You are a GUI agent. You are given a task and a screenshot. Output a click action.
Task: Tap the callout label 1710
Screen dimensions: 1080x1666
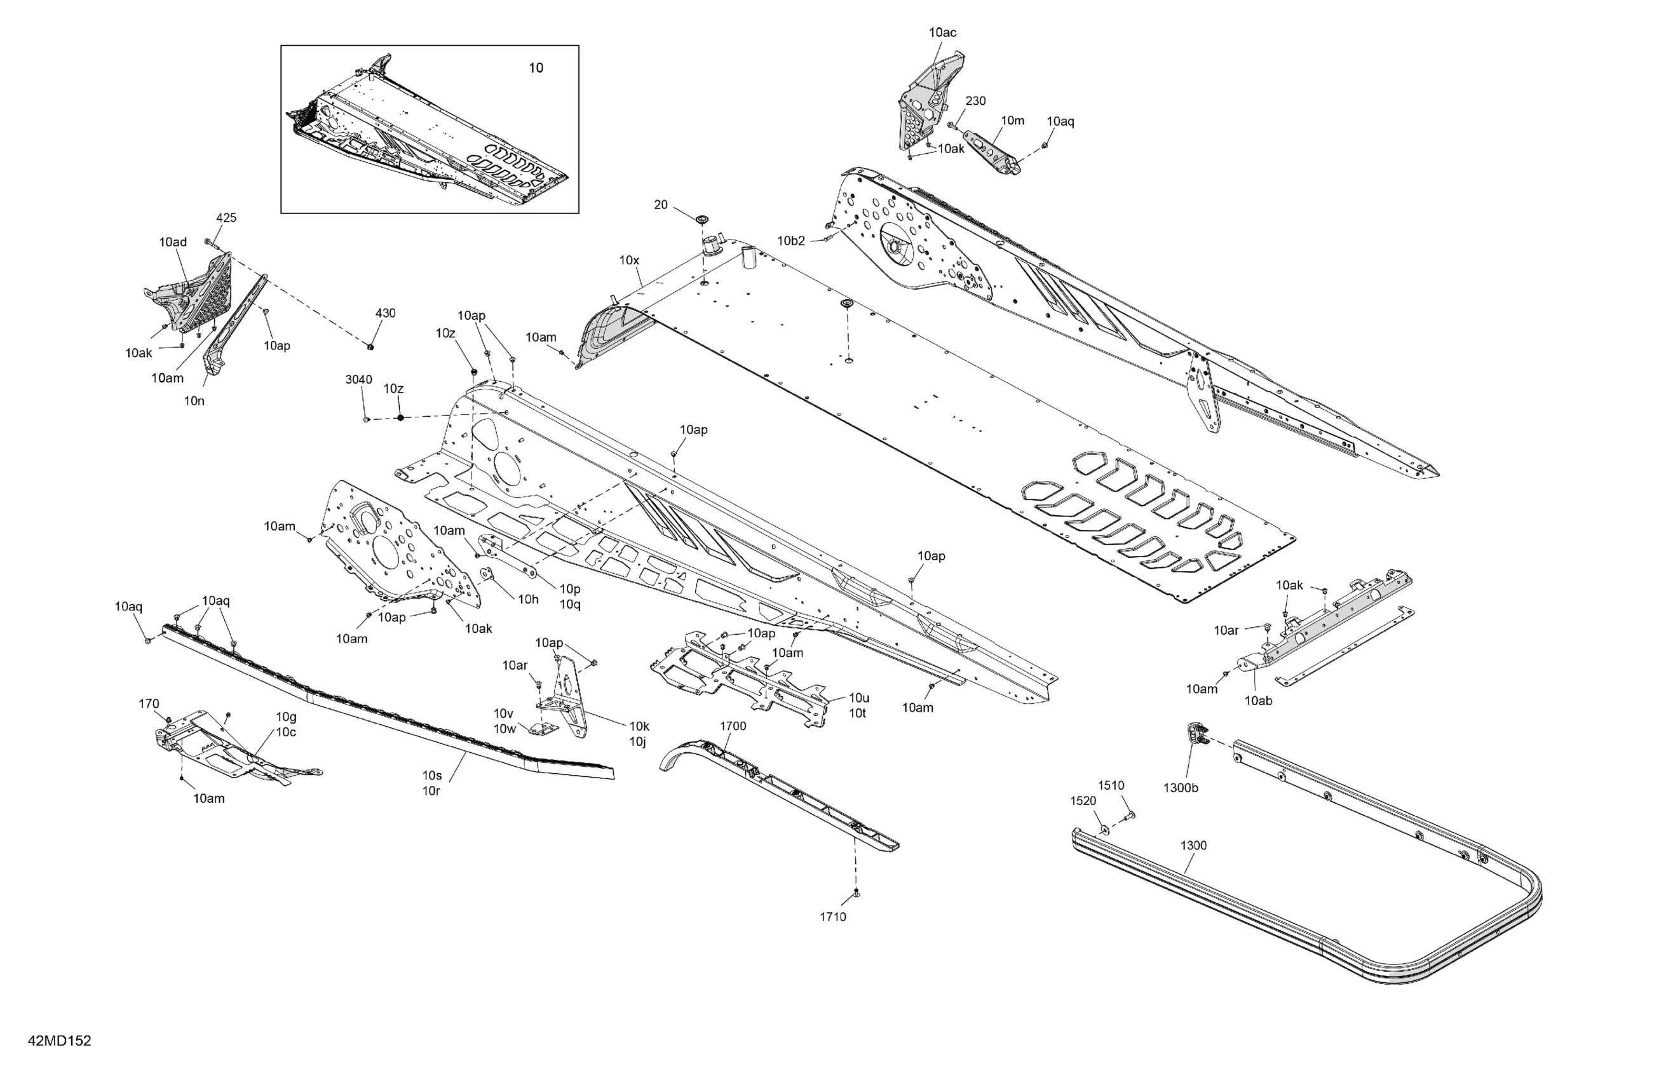[x=833, y=917]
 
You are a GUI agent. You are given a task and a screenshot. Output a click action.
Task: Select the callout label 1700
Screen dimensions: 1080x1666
[x=733, y=726]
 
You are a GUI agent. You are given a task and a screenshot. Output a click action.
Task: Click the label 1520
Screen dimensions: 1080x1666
[x=1083, y=800]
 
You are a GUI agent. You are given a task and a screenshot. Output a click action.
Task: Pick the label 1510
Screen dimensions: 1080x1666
[x=1111, y=785]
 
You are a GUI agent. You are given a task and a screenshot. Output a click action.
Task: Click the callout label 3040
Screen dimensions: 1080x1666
[x=358, y=379]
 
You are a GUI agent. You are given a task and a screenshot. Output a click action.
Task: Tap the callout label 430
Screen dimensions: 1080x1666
[x=385, y=313]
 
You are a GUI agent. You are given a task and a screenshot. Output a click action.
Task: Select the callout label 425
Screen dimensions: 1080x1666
[x=226, y=218]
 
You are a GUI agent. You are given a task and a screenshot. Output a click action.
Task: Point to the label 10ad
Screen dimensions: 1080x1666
[x=173, y=242]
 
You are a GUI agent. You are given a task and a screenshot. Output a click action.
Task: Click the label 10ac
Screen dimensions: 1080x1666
[x=942, y=32]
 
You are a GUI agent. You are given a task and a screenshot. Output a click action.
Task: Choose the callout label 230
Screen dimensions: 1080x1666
[x=975, y=101]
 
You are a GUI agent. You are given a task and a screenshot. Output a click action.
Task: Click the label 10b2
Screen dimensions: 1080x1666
[x=791, y=241]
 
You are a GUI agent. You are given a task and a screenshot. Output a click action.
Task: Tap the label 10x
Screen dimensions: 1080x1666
[x=628, y=260]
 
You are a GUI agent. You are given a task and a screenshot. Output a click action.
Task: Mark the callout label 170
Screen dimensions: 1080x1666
[x=149, y=704]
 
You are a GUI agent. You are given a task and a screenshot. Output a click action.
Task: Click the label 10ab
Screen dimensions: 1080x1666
[x=1258, y=700]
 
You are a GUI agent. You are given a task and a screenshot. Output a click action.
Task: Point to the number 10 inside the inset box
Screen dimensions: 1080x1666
[x=536, y=68]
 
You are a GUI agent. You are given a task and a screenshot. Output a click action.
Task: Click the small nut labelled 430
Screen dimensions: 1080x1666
[x=370, y=345]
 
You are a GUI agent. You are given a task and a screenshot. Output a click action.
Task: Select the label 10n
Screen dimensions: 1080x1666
[x=194, y=401]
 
